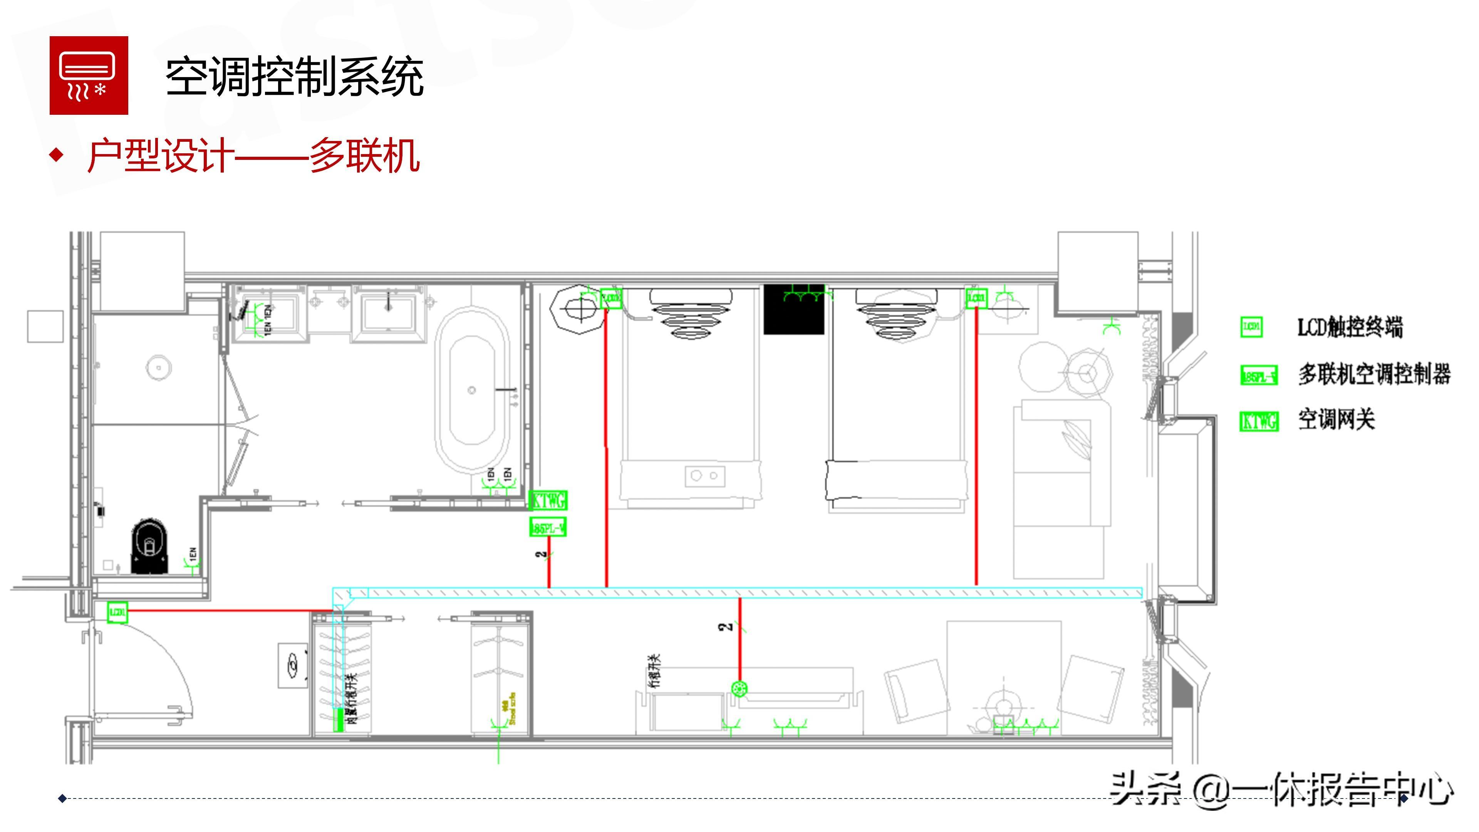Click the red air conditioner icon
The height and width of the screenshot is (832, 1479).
[x=89, y=75]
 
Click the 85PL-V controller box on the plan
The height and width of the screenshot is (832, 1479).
[x=548, y=527]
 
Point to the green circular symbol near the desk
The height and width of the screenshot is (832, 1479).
[x=739, y=688]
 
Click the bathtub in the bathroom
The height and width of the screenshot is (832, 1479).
[x=472, y=391]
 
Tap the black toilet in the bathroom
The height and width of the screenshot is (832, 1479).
[x=150, y=545]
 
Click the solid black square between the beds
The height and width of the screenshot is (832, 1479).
[x=793, y=310]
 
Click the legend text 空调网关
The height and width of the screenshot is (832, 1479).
[x=1336, y=420]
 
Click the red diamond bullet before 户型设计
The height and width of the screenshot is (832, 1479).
[x=56, y=154]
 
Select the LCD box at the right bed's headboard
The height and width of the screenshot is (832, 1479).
[x=976, y=297]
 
